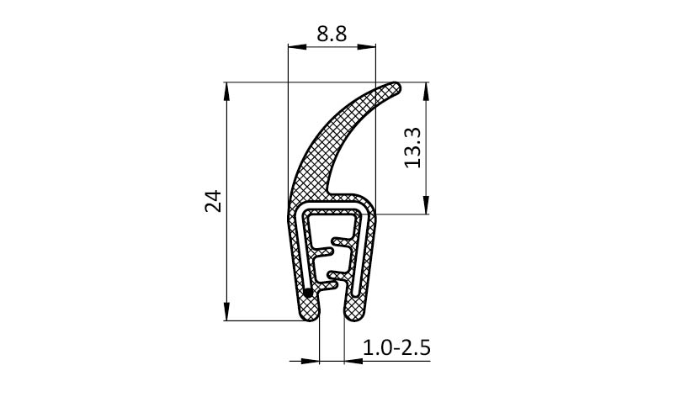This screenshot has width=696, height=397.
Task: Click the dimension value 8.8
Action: point(332,34)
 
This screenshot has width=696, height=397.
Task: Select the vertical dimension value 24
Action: point(213,201)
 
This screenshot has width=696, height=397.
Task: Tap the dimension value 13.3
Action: point(413,148)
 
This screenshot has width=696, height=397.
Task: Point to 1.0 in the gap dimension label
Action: point(377,347)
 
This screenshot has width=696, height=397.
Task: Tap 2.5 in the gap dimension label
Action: point(416,347)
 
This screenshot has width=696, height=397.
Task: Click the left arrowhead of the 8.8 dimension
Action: point(297,46)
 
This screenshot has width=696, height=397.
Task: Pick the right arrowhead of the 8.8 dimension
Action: point(367,46)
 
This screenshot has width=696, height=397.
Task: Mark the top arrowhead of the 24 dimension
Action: point(227,92)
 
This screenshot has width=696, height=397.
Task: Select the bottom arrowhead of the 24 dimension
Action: point(227,311)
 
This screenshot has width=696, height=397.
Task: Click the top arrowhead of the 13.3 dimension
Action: point(427,92)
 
